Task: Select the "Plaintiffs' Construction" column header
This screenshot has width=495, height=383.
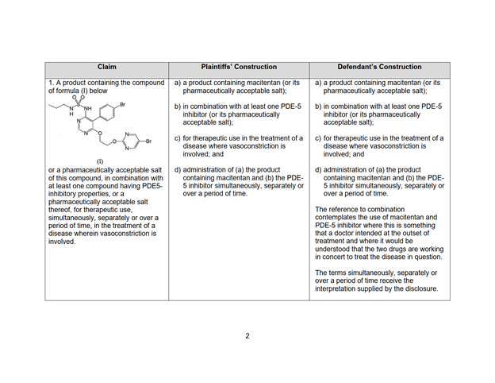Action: pos(239,68)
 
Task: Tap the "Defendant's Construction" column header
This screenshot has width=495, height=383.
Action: pos(379,68)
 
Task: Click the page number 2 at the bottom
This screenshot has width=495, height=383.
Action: pos(247,335)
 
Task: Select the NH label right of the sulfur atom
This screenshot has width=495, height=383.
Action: pos(89,109)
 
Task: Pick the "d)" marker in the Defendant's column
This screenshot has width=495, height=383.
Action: pos(318,169)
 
